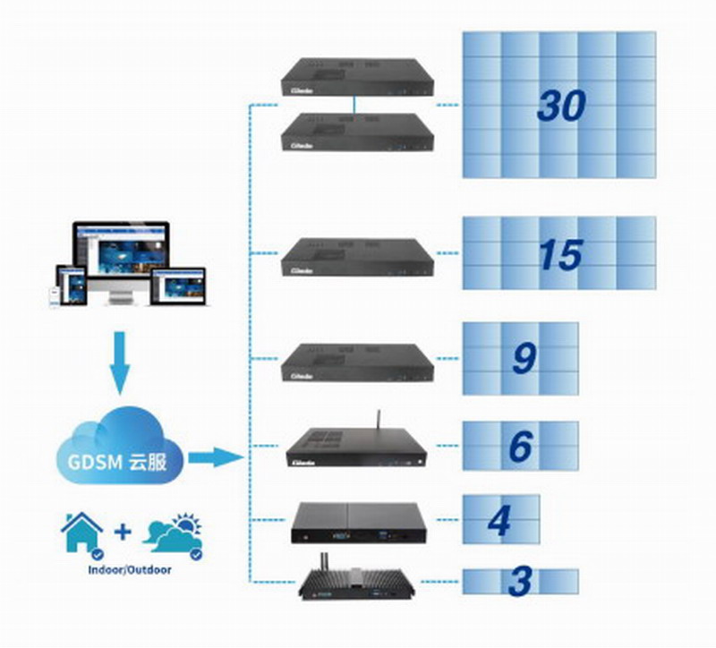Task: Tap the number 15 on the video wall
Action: pyautogui.click(x=561, y=255)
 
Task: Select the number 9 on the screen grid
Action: pyautogui.click(x=524, y=358)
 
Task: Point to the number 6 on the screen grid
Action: pyautogui.click(x=520, y=446)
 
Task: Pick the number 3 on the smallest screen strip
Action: pyautogui.click(x=518, y=582)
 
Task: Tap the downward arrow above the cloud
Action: pyautogui.click(x=118, y=362)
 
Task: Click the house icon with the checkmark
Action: pyautogui.click(x=81, y=534)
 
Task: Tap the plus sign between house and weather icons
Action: pyautogui.click(x=123, y=533)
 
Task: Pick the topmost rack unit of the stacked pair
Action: pyautogui.click(x=357, y=78)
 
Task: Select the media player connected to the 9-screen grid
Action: pyautogui.click(x=357, y=360)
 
